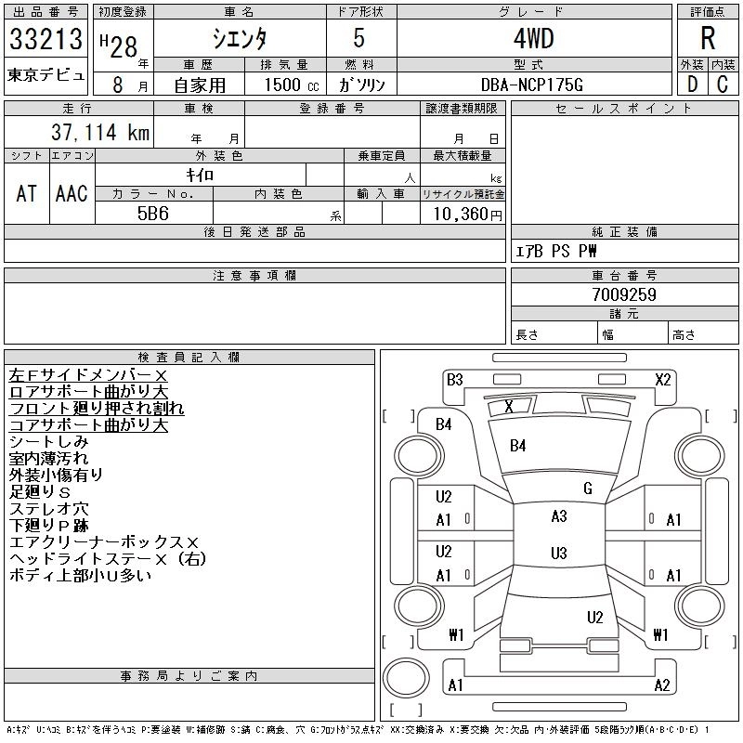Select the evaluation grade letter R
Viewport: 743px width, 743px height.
pos(708,39)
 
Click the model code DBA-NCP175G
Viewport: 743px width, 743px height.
pos(533,85)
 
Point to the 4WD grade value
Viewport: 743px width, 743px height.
pos(532,40)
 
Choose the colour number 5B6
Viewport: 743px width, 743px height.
pos(153,213)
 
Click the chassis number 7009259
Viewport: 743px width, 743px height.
pos(624,294)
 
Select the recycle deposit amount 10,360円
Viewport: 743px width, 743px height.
pos(463,214)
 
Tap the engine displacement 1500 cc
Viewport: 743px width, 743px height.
pos(283,85)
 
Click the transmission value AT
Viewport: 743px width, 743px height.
pos(26,193)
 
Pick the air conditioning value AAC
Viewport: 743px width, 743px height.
pos(72,193)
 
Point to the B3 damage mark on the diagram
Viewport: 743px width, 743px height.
pos(454,379)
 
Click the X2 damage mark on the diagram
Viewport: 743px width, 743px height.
pos(662,379)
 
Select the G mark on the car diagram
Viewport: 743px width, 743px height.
pos(588,489)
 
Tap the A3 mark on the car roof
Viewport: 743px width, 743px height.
pos(558,516)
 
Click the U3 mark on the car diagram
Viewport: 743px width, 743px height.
pos(558,554)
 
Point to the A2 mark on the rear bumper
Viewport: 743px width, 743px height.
pos(662,685)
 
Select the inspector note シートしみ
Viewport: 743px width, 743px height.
pos(48,441)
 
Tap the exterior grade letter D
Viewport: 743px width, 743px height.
pos(691,84)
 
